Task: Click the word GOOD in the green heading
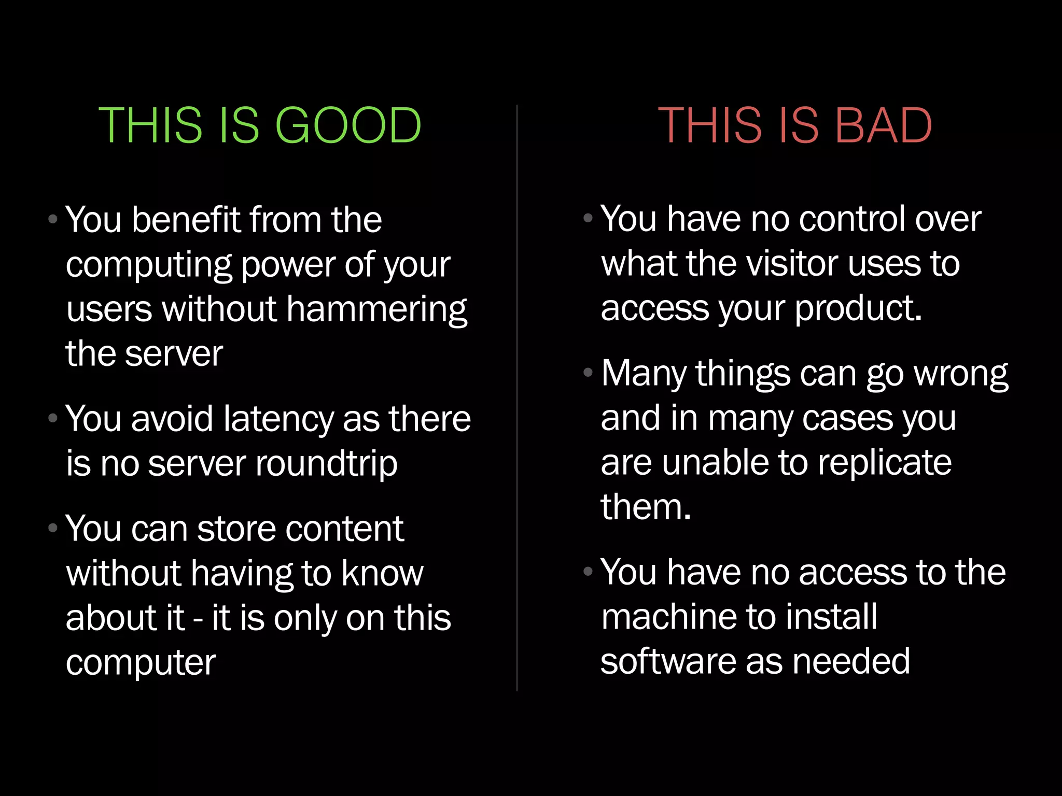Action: (x=348, y=125)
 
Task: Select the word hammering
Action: (x=376, y=310)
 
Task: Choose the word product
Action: (x=858, y=309)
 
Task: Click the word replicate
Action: (x=885, y=462)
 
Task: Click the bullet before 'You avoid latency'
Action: (x=52, y=418)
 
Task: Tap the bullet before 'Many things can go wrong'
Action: (x=588, y=372)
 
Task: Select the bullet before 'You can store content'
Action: (x=52, y=528)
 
